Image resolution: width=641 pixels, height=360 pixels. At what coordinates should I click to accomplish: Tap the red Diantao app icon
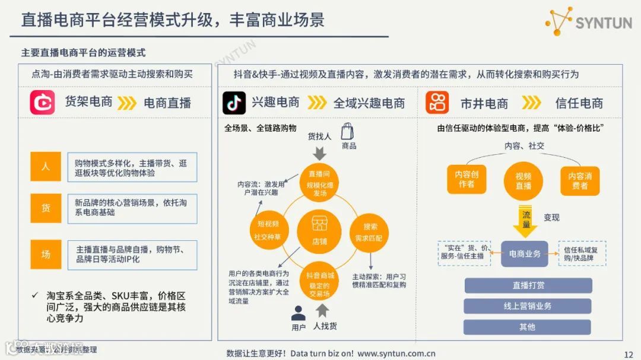(43, 103)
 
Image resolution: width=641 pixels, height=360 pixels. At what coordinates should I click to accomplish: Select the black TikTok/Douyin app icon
(234, 103)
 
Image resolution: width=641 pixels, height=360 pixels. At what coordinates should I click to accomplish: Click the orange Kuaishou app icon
(437, 103)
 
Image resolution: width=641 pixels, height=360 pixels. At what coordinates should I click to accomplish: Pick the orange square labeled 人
(46, 167)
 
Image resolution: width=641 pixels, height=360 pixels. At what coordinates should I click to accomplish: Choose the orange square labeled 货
(46, 208)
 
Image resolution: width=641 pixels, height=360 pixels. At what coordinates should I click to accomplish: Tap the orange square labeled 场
(46, 254)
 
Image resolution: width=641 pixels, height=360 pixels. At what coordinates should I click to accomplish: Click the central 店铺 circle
(319, 231)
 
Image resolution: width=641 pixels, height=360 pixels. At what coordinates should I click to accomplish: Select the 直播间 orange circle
(319, 181)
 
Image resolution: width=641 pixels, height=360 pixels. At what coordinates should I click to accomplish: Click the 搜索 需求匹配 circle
(370, 231)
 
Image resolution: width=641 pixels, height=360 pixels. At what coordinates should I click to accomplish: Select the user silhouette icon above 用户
(298, 313)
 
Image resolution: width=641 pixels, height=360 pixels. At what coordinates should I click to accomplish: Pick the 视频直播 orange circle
(523, 181)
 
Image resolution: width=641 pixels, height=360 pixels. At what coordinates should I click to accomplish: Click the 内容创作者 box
(467, 180)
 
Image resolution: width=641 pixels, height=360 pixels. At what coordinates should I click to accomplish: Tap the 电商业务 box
(525, 254)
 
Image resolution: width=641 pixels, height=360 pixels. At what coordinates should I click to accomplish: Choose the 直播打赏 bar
(528, 285)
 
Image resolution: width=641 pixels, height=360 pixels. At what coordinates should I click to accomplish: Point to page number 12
(629, 355)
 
